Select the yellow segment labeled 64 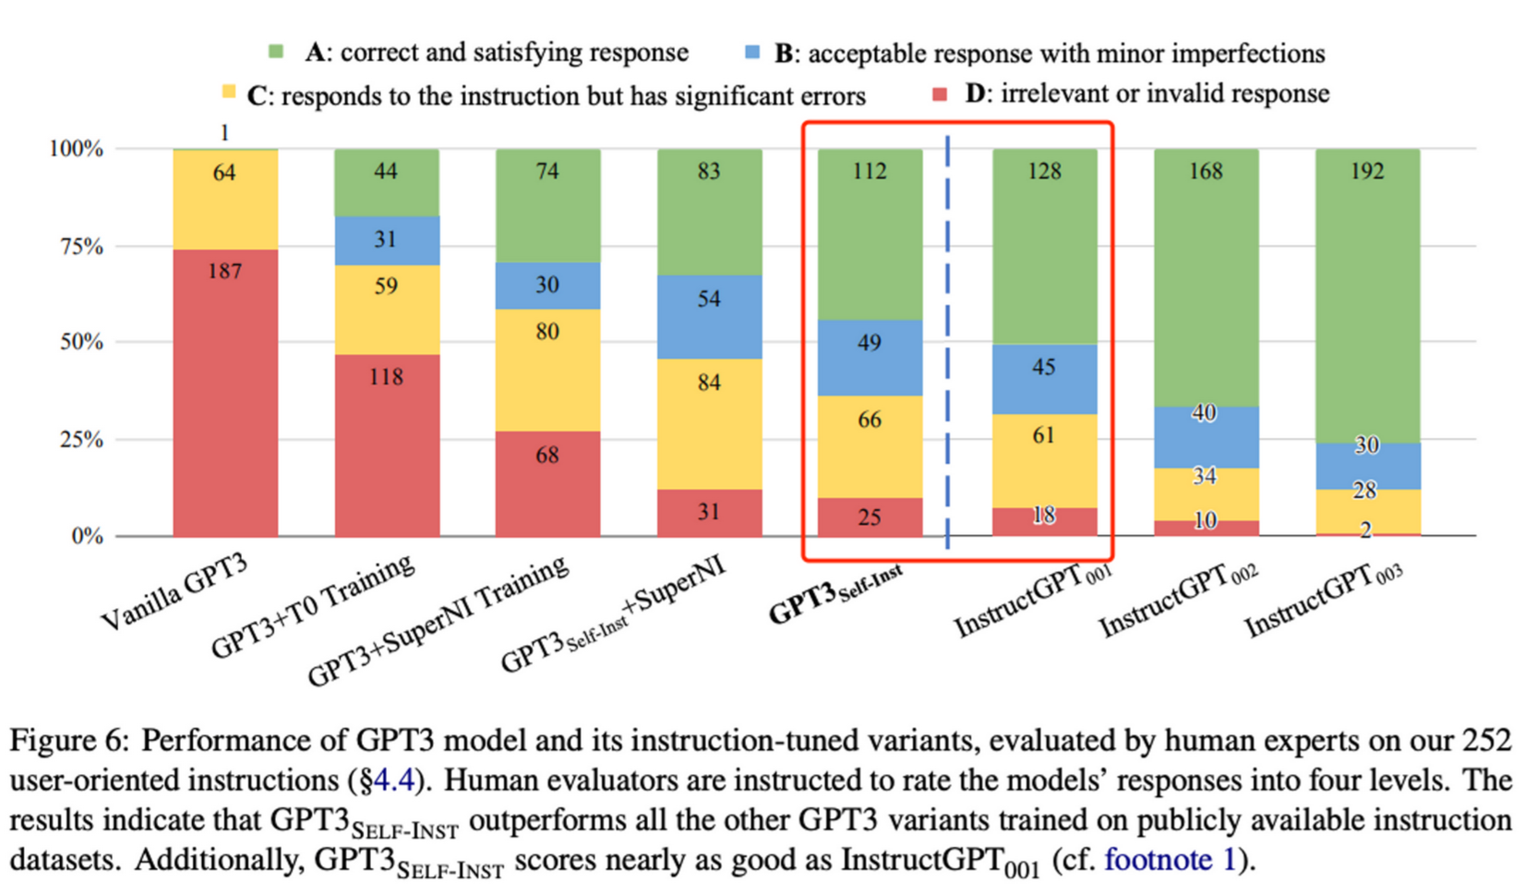225,198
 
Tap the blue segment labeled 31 386,240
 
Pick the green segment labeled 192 1367,295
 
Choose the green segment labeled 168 1206,277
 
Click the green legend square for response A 275,52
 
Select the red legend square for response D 940,93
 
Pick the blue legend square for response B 752,52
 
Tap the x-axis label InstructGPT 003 1324,600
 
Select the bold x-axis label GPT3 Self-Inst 835,596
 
